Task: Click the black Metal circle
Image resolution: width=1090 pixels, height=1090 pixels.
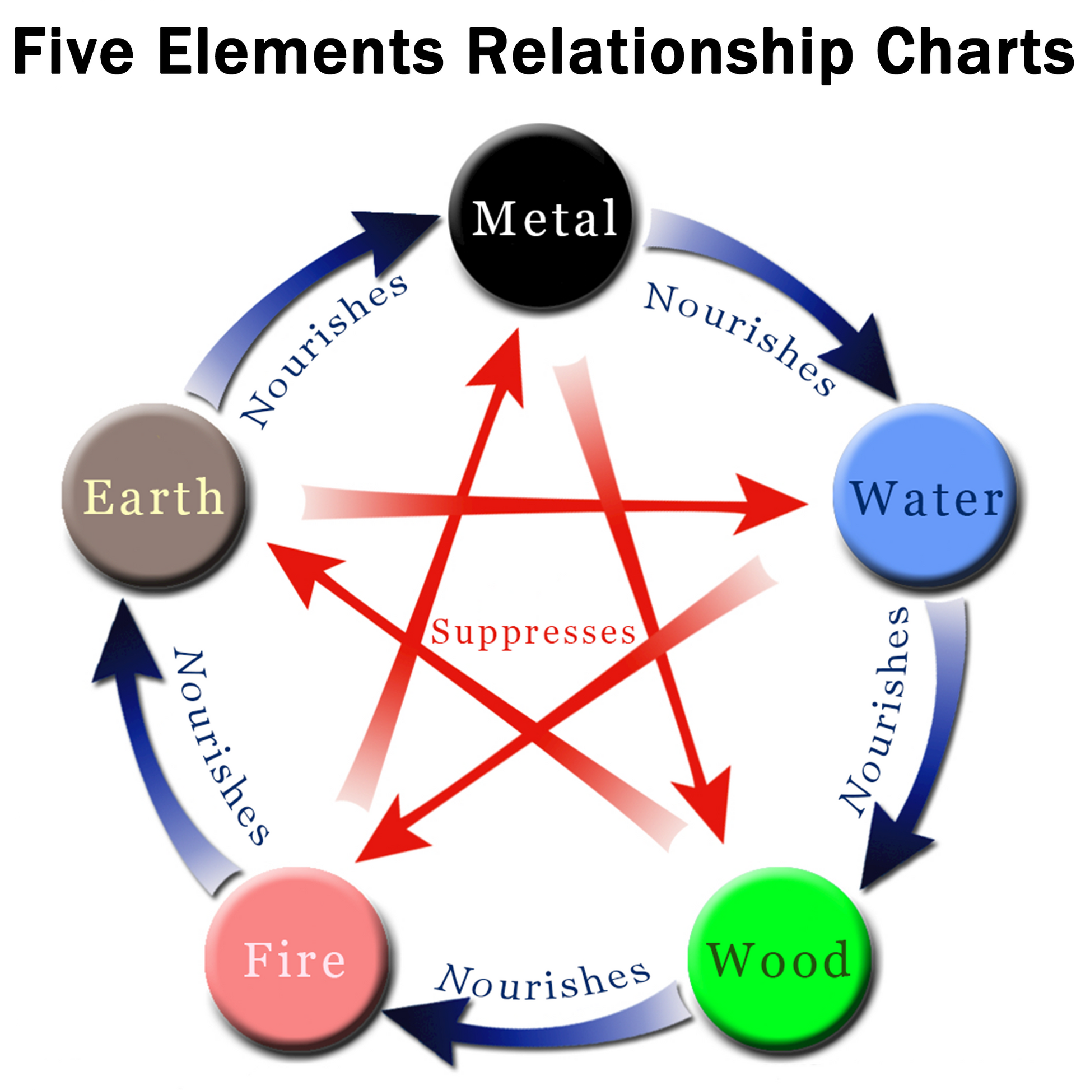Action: tap(542, 216)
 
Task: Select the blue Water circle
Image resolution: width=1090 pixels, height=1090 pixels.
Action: tap(925, 495)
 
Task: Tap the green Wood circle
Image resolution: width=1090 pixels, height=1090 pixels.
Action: tap(780, 959)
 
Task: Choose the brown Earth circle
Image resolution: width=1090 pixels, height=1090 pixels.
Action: tap(153, 495)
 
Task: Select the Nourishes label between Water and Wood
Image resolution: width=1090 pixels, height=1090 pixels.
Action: tap(874, 711)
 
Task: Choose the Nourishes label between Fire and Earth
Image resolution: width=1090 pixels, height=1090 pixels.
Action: tap(220, 748)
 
